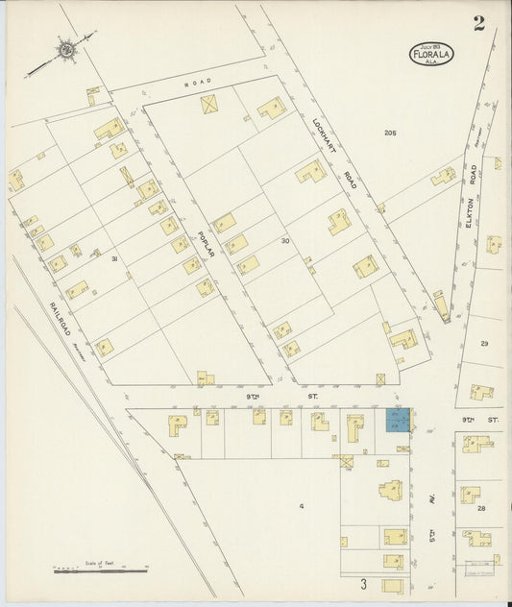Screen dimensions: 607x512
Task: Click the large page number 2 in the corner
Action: click(477, 25)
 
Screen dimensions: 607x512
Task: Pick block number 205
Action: click(389, 132)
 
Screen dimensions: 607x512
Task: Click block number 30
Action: click(284, 240)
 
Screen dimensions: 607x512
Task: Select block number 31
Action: click(113, 259)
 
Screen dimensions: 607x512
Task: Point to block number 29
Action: click(484, 343)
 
